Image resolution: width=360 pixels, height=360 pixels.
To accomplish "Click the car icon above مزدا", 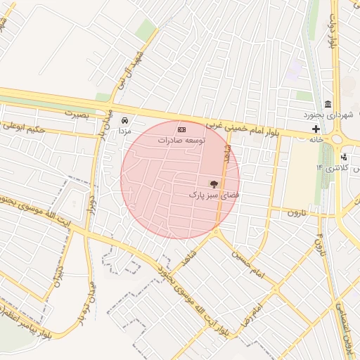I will point(125,120).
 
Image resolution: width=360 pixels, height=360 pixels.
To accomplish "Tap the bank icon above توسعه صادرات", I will point(181,129).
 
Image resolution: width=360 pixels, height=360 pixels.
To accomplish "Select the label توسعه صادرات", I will point(181,140).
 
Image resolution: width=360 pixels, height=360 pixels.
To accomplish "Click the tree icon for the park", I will point(214,183).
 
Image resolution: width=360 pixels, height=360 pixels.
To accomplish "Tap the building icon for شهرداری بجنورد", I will point(328,105).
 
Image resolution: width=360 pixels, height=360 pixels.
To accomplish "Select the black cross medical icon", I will point(316,129).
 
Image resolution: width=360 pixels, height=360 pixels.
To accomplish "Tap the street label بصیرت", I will point(77,112).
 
